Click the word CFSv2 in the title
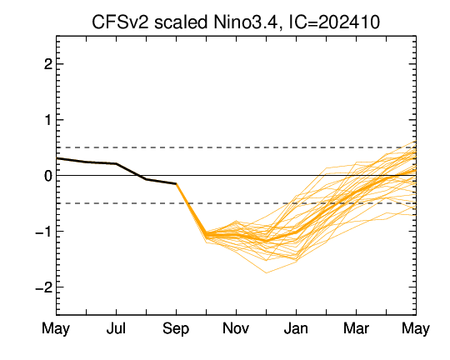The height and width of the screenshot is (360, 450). click(121, 22)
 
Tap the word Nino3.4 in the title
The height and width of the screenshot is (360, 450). click(246, 22)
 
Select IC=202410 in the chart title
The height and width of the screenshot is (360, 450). click(334, 22)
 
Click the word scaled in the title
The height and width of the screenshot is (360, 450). click(181, 22)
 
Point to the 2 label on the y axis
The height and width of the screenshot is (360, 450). click(48, 64)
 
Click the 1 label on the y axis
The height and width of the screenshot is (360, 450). click(48, 120)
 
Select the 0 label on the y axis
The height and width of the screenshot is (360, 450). click(48, 176)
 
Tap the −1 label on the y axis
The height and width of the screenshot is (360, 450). click(44, 232)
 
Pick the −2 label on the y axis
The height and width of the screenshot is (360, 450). click(44, 287)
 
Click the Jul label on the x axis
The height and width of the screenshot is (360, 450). click(116, 328)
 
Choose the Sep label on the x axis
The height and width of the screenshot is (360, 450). click(176, 328)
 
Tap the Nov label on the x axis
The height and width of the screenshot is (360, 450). click(236, 328)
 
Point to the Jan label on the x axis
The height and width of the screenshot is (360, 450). click(296, 328)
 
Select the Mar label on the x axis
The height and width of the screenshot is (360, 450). click(356, 328)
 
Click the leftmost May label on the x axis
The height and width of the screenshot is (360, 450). click(56, 329)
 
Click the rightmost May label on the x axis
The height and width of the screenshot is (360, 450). click(416, 329)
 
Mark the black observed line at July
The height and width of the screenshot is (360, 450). click(116, 163)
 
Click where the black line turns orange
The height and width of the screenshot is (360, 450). click(176, 183)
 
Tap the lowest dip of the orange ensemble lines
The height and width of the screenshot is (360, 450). click(266, 272)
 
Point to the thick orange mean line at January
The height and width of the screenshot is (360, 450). click(296, 232)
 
